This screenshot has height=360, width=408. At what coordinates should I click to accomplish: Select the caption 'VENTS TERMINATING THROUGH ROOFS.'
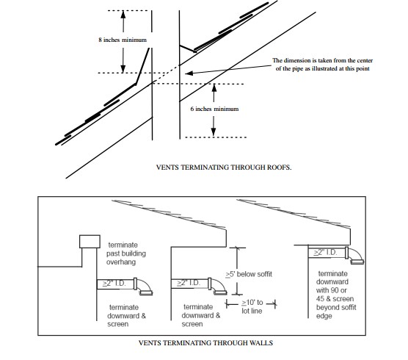click(224, 167)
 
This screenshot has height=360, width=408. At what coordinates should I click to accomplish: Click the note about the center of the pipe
click(321, 64)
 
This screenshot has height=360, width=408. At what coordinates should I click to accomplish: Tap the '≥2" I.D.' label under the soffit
click(326, 252)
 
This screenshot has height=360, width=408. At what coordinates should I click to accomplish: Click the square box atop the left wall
click(89, 243)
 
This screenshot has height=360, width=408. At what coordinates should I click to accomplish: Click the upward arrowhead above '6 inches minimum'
click(214, 87)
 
